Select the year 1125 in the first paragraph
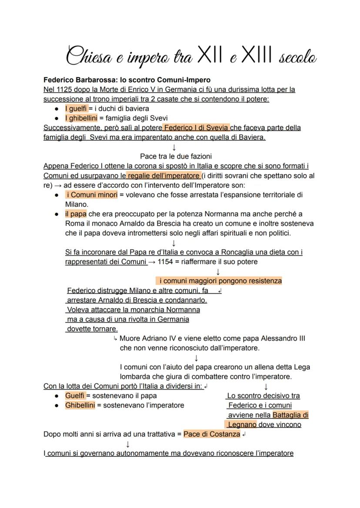[x=61, y=90]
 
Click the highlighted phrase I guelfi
[x=76, y=109]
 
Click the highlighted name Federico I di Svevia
[x=196, y=128]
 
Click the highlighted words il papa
[x=76, y=214]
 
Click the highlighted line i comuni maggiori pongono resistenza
[x=219, y=281]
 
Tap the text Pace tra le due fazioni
[x=176, y=156]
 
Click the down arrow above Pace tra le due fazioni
[x=174, y=147]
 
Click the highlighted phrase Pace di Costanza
[x=212, y=434]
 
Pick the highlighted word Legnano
[x=242, y=425]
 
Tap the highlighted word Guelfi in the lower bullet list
[x=75, y=395]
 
